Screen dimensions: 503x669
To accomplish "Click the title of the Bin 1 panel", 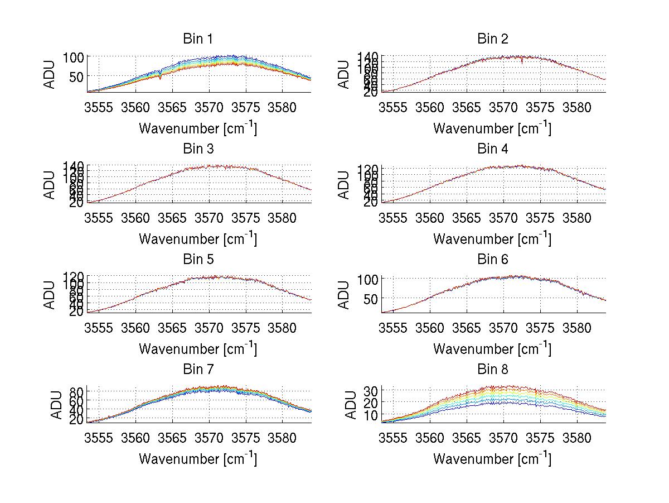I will (x=197, y=39).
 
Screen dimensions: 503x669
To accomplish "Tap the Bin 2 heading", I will (x=492, y=39).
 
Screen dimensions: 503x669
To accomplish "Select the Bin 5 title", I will (x=197, y=260).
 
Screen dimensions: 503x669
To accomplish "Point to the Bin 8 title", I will (x=492, y=370).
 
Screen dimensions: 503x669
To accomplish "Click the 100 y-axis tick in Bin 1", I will (x=72, y=57).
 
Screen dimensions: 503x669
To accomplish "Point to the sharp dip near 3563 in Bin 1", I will (x=161, y=78).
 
